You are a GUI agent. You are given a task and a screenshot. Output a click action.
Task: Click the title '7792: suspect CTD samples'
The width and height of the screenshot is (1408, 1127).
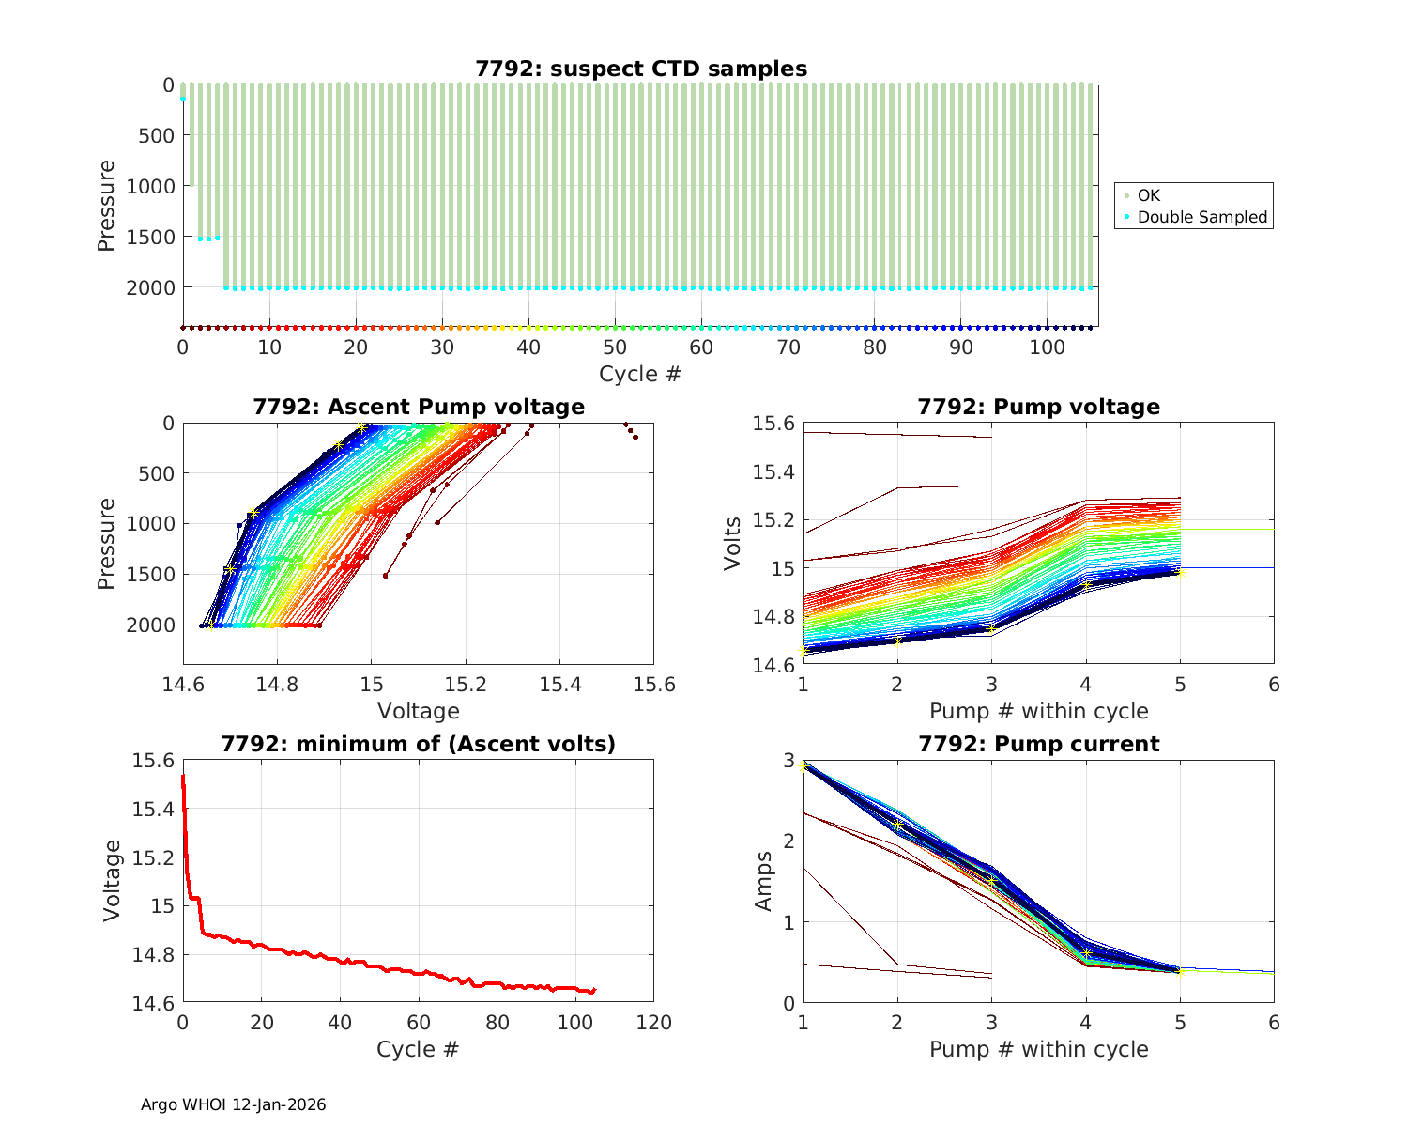coord(641,69)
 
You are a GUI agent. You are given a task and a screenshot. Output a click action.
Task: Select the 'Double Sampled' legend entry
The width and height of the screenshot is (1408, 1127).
coord(1201,217)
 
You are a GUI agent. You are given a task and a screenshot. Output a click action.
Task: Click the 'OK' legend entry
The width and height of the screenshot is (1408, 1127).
coord(1148,195)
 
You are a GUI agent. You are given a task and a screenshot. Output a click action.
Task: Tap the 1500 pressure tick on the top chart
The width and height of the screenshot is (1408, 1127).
coord(150,237)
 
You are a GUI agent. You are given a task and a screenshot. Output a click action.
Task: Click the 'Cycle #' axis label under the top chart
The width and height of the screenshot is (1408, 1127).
coord(640,374)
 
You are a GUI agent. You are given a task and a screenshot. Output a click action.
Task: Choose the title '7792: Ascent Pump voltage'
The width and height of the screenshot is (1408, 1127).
coord(419,407)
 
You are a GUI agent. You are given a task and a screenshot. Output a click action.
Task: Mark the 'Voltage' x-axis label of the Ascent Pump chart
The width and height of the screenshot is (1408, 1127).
coord(419,711)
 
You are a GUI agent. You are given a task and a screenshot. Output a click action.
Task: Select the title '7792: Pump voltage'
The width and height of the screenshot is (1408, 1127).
coord(1038,407)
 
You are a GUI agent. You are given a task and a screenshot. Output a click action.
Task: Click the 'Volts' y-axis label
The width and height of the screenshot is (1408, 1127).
coord(732,544)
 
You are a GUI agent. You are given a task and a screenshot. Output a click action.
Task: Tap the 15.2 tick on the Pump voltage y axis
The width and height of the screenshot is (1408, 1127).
coord(773,520)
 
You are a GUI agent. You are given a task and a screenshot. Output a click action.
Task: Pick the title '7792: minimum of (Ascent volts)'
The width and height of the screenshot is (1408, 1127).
coord(419,744)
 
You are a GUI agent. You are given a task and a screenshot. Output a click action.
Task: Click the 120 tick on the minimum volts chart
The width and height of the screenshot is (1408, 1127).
coord(653,1022)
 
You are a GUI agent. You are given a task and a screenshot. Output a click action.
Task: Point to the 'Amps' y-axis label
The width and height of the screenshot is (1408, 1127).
coord(764,881)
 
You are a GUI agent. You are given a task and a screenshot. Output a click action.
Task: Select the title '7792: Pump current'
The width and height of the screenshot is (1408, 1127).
coord(1038,744)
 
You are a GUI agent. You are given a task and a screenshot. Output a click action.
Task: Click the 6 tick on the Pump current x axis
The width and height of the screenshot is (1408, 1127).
coord(1274,1022)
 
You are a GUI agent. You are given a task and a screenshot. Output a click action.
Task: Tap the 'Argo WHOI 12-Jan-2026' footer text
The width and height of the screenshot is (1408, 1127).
coord(233,1104)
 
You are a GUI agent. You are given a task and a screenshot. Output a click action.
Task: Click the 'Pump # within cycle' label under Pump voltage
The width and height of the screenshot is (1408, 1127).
coord(1038,711)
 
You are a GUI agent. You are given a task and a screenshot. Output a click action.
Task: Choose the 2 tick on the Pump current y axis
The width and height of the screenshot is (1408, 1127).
coord(788,841)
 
